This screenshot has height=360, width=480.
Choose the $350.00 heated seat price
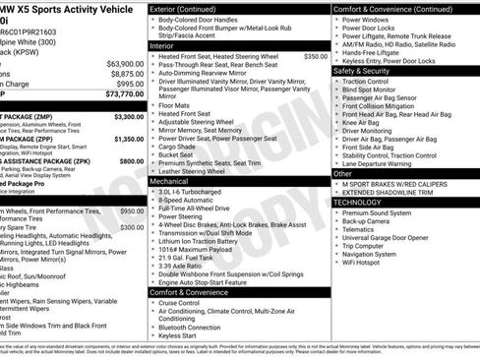[315, 56]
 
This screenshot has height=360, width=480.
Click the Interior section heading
[162, 45]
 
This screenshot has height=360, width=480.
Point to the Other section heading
[342, 173]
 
